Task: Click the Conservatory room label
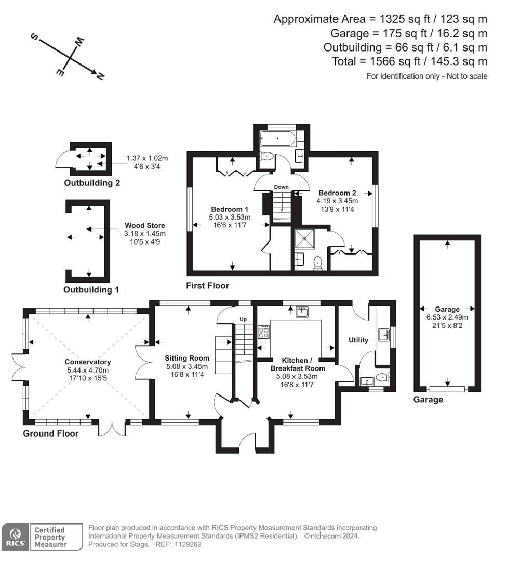point(88,362)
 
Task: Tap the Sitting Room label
point(187,358)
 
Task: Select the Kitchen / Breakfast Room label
point(303,364)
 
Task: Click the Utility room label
point(358,340)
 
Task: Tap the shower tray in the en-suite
point(303,238)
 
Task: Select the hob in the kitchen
point(264,331)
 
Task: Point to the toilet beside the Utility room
point(382,378)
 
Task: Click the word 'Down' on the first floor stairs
point(281,187)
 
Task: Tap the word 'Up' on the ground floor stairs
point(243,319)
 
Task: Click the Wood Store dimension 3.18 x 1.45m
point(144,234)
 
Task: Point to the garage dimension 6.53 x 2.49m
point(447,317)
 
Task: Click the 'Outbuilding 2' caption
point(92,183)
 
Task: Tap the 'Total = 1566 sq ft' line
point(409,61)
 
